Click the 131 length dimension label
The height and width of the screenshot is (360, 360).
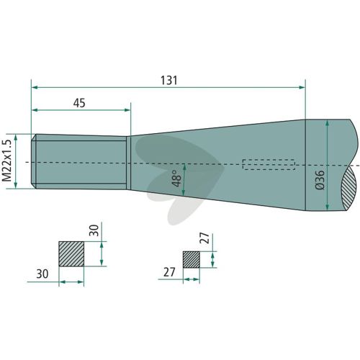click(x=169, y=81)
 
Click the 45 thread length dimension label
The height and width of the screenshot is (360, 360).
click(x=79, y=103)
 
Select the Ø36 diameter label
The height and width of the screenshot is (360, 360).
click(x=320, y=180)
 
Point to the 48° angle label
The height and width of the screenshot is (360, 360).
click(x=177, y=179)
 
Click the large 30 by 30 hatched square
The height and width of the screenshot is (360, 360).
click(x=71, y=254)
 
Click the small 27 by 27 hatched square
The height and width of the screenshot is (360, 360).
click(x=192, y=260)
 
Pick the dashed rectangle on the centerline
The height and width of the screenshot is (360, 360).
click(x=269, y=164)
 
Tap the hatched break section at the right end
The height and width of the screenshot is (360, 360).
click(x=350, y=189)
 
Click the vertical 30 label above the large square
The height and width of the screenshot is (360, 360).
click(x=94, y=230)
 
